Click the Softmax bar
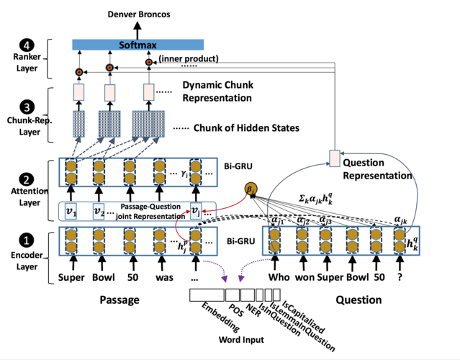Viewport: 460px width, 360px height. [137, 45]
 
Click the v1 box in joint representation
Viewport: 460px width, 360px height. [70, 211]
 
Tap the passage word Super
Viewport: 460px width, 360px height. [72, 277]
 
